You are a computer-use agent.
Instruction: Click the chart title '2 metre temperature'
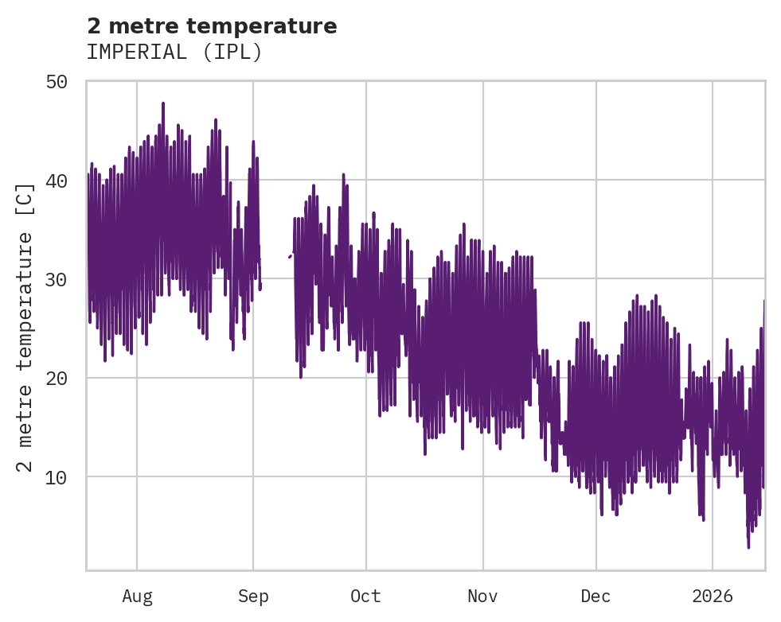(x=212, y=26)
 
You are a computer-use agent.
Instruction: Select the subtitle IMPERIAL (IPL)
(x=174, y=52)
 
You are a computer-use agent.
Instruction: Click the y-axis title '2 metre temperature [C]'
(x=26, y=327)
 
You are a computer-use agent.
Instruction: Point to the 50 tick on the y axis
(x=64, y=82)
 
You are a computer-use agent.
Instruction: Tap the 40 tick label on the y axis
(x=64, y=181)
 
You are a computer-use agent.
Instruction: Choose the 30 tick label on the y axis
(x=64, y=279)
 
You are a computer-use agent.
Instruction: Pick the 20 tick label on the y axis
(x=64, y=378)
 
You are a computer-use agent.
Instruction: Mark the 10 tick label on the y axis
(x=64, y=477)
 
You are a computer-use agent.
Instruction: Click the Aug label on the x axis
(x=137, y=597)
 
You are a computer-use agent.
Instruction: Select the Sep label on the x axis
(x=253, y=597)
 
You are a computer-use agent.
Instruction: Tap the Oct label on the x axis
(x=366, y=597)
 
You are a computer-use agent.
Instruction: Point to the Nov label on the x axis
(x=482, y=597)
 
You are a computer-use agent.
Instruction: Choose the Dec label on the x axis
(x=596, y=597)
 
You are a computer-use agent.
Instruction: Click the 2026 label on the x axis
(x=713, y=597)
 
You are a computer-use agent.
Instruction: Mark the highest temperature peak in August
(x=163, y=103)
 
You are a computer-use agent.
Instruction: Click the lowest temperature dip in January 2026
(x=748, y=547)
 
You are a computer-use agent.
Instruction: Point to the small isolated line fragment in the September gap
(x=290, y=256)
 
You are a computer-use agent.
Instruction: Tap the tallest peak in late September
(x=343, y=174)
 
